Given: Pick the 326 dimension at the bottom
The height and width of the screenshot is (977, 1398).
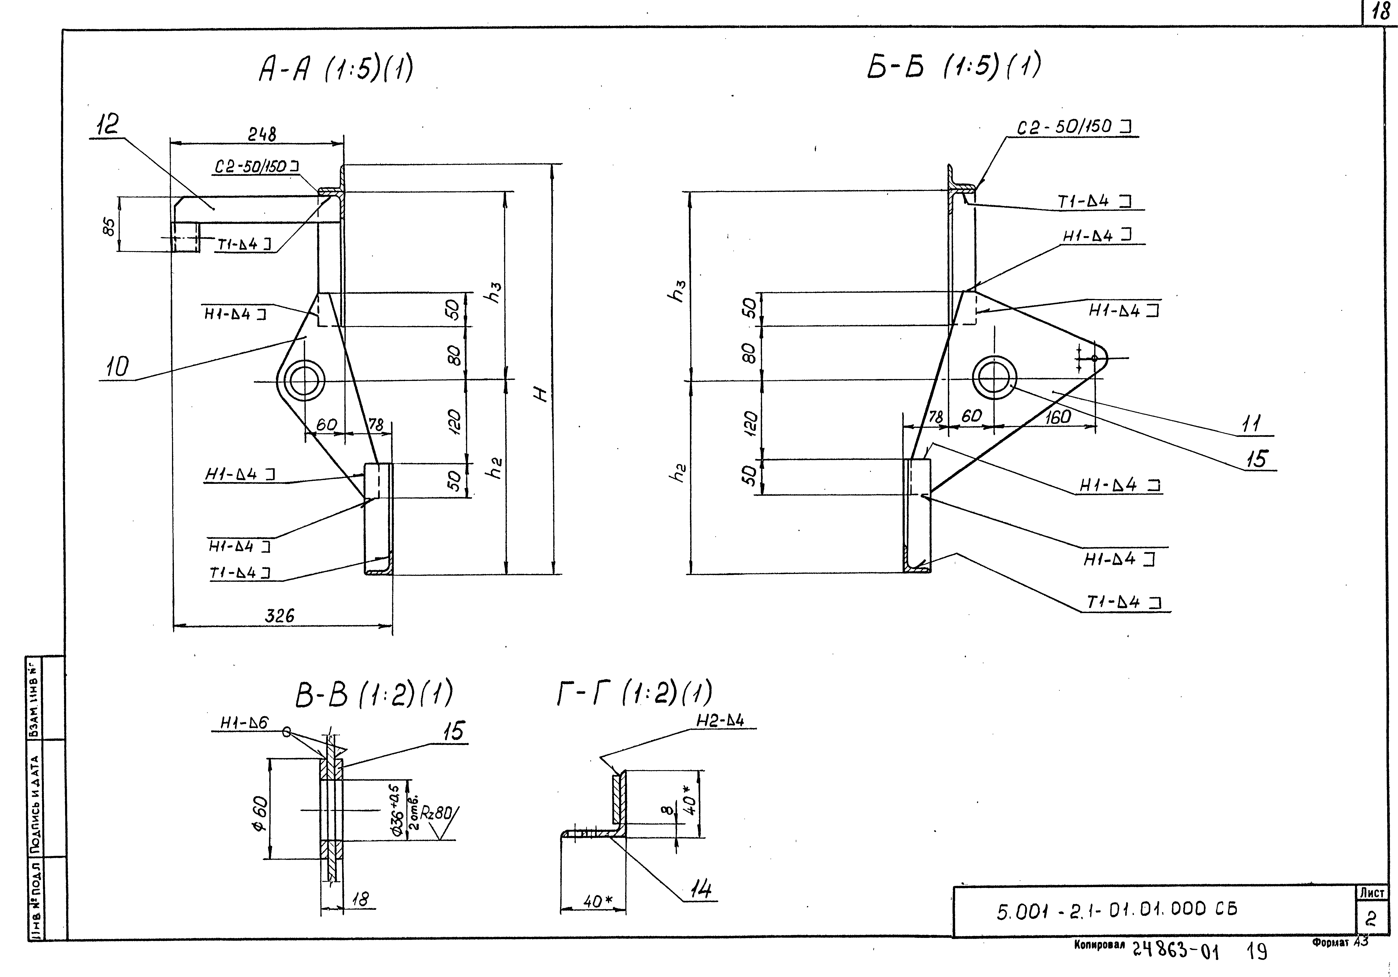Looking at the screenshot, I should (279, 616).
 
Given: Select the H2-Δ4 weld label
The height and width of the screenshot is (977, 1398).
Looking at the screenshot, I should (720, 721).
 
